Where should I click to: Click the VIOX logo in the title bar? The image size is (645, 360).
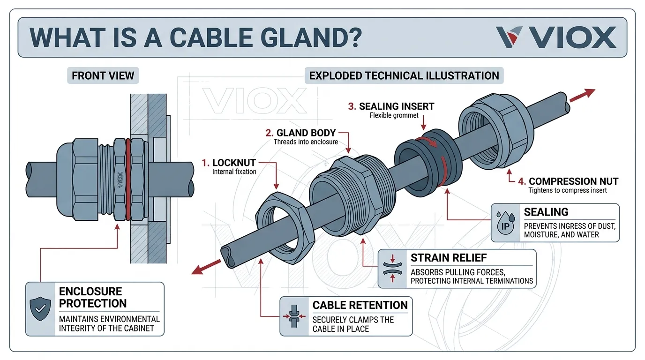pyautogui.click(x=556, y=37)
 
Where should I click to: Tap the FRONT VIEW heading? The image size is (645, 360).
pyautogui.click(x=103, y=75)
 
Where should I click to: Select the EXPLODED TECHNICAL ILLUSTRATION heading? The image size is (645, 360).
pyautogui.click(x=404, y=75)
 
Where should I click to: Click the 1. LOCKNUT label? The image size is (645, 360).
pyautogui.click(x=229, y=163)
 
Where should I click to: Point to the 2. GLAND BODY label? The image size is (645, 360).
pyautogui.click(x=304, y=133)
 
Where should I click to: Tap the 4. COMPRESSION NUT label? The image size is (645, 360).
pyautogui.click(x=569, y=181)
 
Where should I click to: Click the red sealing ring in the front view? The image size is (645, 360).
pyautogui.click(x=127, y=178)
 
